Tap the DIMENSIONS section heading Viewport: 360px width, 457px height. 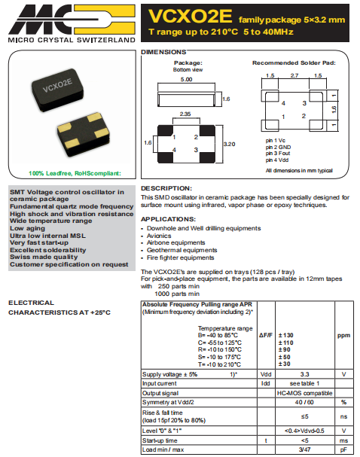click(x=164, y=51)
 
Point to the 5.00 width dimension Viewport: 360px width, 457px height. click(x=185, y=78)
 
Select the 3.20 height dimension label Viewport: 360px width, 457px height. click(x=232, y=143)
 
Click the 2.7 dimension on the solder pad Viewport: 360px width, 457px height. click(x=294, y=76)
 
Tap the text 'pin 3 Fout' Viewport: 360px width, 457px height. click(x=279, y=153)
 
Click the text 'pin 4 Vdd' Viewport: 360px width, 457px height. click(x=279, y=159)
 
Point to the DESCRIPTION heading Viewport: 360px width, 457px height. click(x=166, y=187)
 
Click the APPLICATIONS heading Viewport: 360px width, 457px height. click(x=169, y=218)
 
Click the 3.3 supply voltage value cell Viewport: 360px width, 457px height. click(x=304, y=373)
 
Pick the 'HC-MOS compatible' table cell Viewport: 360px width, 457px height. click(x=304, y=393)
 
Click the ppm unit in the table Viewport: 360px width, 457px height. click(x=343, y=335)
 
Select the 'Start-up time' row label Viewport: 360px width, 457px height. click(x=160, y=440)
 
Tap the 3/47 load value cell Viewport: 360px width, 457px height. click(x=304, y=449)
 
